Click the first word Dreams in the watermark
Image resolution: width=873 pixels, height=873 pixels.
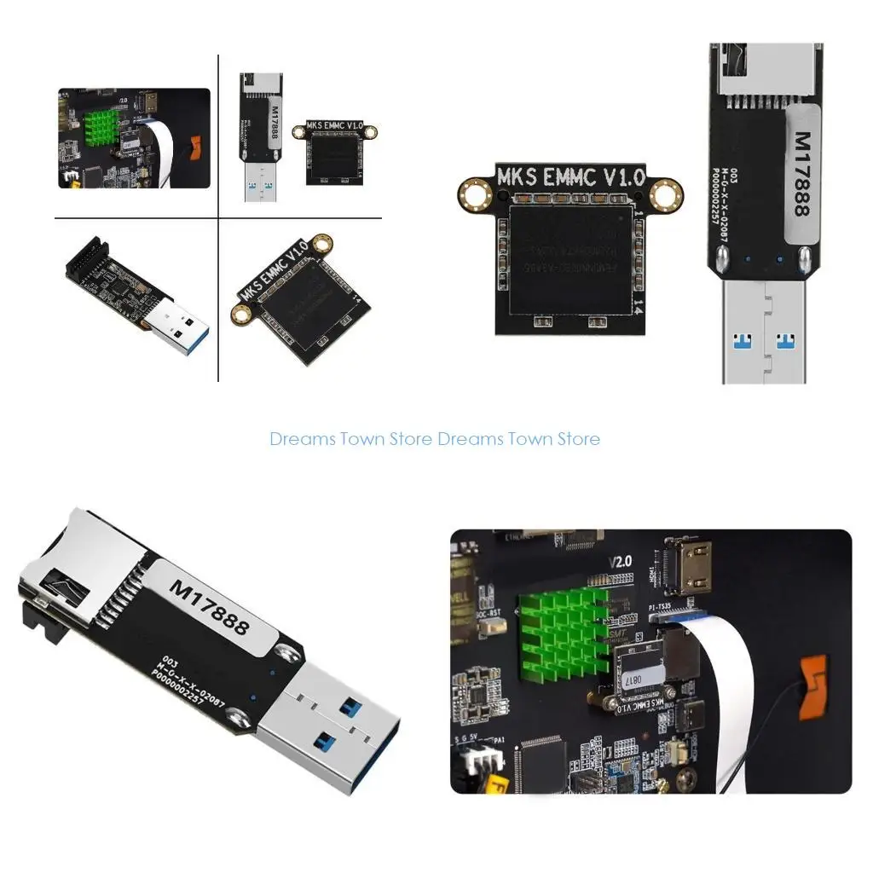[x=303, y=440]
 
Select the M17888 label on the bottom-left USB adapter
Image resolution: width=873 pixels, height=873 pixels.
[x=209, y=607]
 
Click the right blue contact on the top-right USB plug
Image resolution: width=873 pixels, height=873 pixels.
[x=786, y=342]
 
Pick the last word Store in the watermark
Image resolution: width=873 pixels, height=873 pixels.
[x=578, y=440]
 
